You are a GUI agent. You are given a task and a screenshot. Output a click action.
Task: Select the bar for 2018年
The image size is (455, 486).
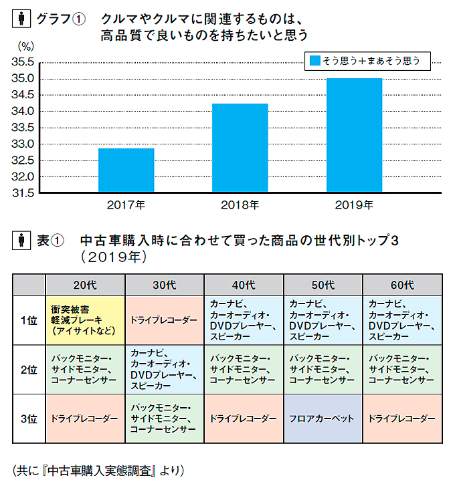tap(240, 148)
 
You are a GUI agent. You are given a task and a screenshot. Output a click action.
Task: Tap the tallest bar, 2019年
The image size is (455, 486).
tap(354, 136)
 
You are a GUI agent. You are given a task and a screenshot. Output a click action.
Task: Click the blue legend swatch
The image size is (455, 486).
tap(313, 61)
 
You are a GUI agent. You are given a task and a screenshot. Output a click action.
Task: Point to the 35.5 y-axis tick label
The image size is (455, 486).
tap(23, 63)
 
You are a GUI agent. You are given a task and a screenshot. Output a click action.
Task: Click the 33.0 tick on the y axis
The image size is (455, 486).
tap(23, 144)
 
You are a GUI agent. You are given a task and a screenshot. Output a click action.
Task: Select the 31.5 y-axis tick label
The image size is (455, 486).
tap(23, 193)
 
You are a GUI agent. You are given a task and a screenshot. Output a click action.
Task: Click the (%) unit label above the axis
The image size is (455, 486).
tap(25, 47)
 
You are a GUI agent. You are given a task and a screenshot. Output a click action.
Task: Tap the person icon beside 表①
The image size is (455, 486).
tap(21, 239)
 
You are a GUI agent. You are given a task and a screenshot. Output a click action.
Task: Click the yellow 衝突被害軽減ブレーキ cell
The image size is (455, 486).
tap(86, 320)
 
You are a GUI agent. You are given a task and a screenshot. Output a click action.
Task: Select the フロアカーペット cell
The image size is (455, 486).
tap(323, 419)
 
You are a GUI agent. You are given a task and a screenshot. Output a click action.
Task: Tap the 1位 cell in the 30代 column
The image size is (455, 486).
tap(165, 320)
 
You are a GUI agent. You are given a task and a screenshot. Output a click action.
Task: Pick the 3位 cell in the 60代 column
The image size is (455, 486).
tap(402, 419)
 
